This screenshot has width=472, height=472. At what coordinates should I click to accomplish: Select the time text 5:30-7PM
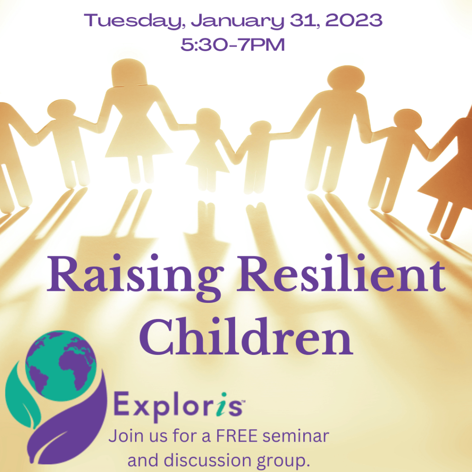click(x=233, y=45)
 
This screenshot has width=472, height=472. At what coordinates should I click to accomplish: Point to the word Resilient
click(x=341, y=273)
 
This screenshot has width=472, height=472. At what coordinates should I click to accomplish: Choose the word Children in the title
click(x=246, y=336)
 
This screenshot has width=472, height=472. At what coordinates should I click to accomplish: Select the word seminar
click(x=296, y=436)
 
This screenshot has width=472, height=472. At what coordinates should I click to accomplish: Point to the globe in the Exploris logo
click(x=61, y=366)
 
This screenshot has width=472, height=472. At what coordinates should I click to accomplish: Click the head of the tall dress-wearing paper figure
click(x=129, y=72)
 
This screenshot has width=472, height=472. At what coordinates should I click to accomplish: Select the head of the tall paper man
click(x=346, y=79)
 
